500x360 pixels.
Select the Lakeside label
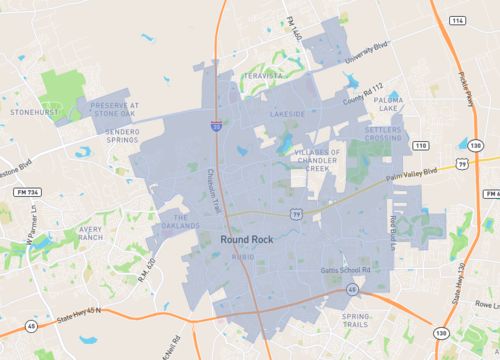tap(287, 115)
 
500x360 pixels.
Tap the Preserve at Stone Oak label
tap(115, 109)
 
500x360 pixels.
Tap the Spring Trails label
tap(355, 319)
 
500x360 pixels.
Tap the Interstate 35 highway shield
tap(217, 126)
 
